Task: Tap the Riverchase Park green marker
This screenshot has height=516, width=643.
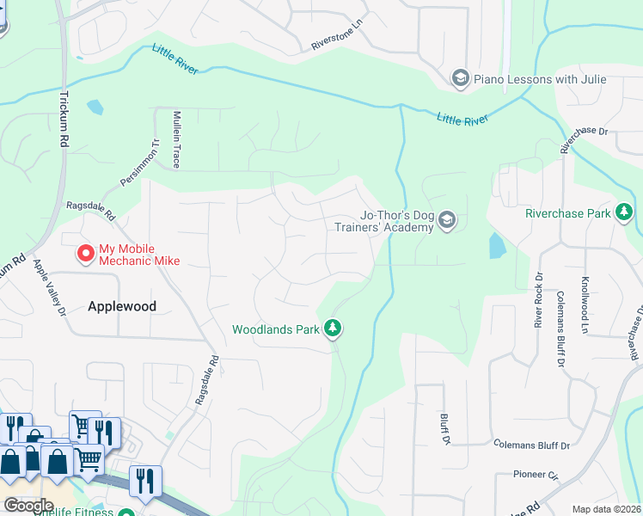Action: point(624,212)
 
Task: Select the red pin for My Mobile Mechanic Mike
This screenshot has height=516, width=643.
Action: point(85,254)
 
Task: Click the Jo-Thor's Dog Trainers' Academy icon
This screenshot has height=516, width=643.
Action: point(446,221)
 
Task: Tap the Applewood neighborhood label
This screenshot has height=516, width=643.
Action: point(122,305)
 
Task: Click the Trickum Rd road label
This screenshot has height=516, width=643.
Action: point(64,120)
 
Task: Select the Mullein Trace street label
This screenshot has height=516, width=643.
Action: point(177,138)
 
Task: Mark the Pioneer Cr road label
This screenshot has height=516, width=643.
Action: point(536,474)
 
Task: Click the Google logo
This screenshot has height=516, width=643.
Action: point(28,506)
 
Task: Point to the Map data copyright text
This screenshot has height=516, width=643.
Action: point(607,509)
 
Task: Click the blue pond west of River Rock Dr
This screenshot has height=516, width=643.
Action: point(497,246)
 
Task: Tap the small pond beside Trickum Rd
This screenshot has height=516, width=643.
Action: point(95,107)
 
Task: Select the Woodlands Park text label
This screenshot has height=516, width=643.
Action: point(275,329)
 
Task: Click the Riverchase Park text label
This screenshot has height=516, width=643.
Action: point(567,212)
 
